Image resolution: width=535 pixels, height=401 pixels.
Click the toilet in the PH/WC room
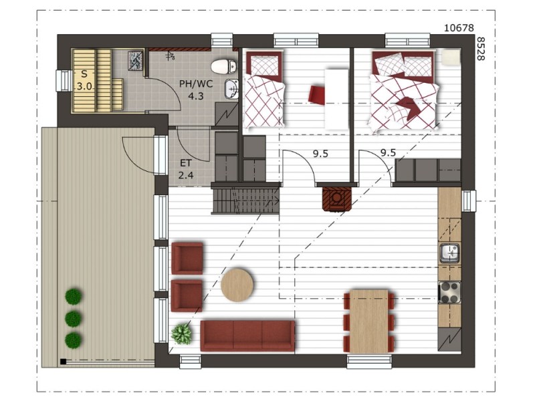click(224, 66)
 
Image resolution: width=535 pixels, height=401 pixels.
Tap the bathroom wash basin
click(231, 89)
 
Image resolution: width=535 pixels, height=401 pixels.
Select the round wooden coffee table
click(237, 285)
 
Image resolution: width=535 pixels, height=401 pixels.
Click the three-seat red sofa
click(247, 336)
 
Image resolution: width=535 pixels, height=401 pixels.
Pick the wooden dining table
click(369, 321)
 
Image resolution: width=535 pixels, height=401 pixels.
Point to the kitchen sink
click(449, 253)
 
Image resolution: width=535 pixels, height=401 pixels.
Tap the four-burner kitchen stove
click(449, 293)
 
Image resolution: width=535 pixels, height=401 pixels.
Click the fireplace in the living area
click(337, 198)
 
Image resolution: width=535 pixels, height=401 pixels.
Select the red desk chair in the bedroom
click(317, 94)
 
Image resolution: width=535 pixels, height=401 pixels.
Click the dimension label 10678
click(459, 27)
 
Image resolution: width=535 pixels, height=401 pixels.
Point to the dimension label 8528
click(480, 49)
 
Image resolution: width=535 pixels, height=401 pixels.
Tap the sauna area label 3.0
click(84, 86)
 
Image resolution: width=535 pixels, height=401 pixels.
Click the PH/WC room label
click(196, 84)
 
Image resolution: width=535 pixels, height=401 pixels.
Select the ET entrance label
click(186, 163)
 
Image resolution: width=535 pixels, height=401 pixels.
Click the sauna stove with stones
click(136, 61)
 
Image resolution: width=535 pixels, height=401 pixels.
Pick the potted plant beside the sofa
click(181, 333)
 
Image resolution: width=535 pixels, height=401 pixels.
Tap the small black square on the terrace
click(63, 362)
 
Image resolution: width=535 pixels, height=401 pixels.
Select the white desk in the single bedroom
click(336, 99)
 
